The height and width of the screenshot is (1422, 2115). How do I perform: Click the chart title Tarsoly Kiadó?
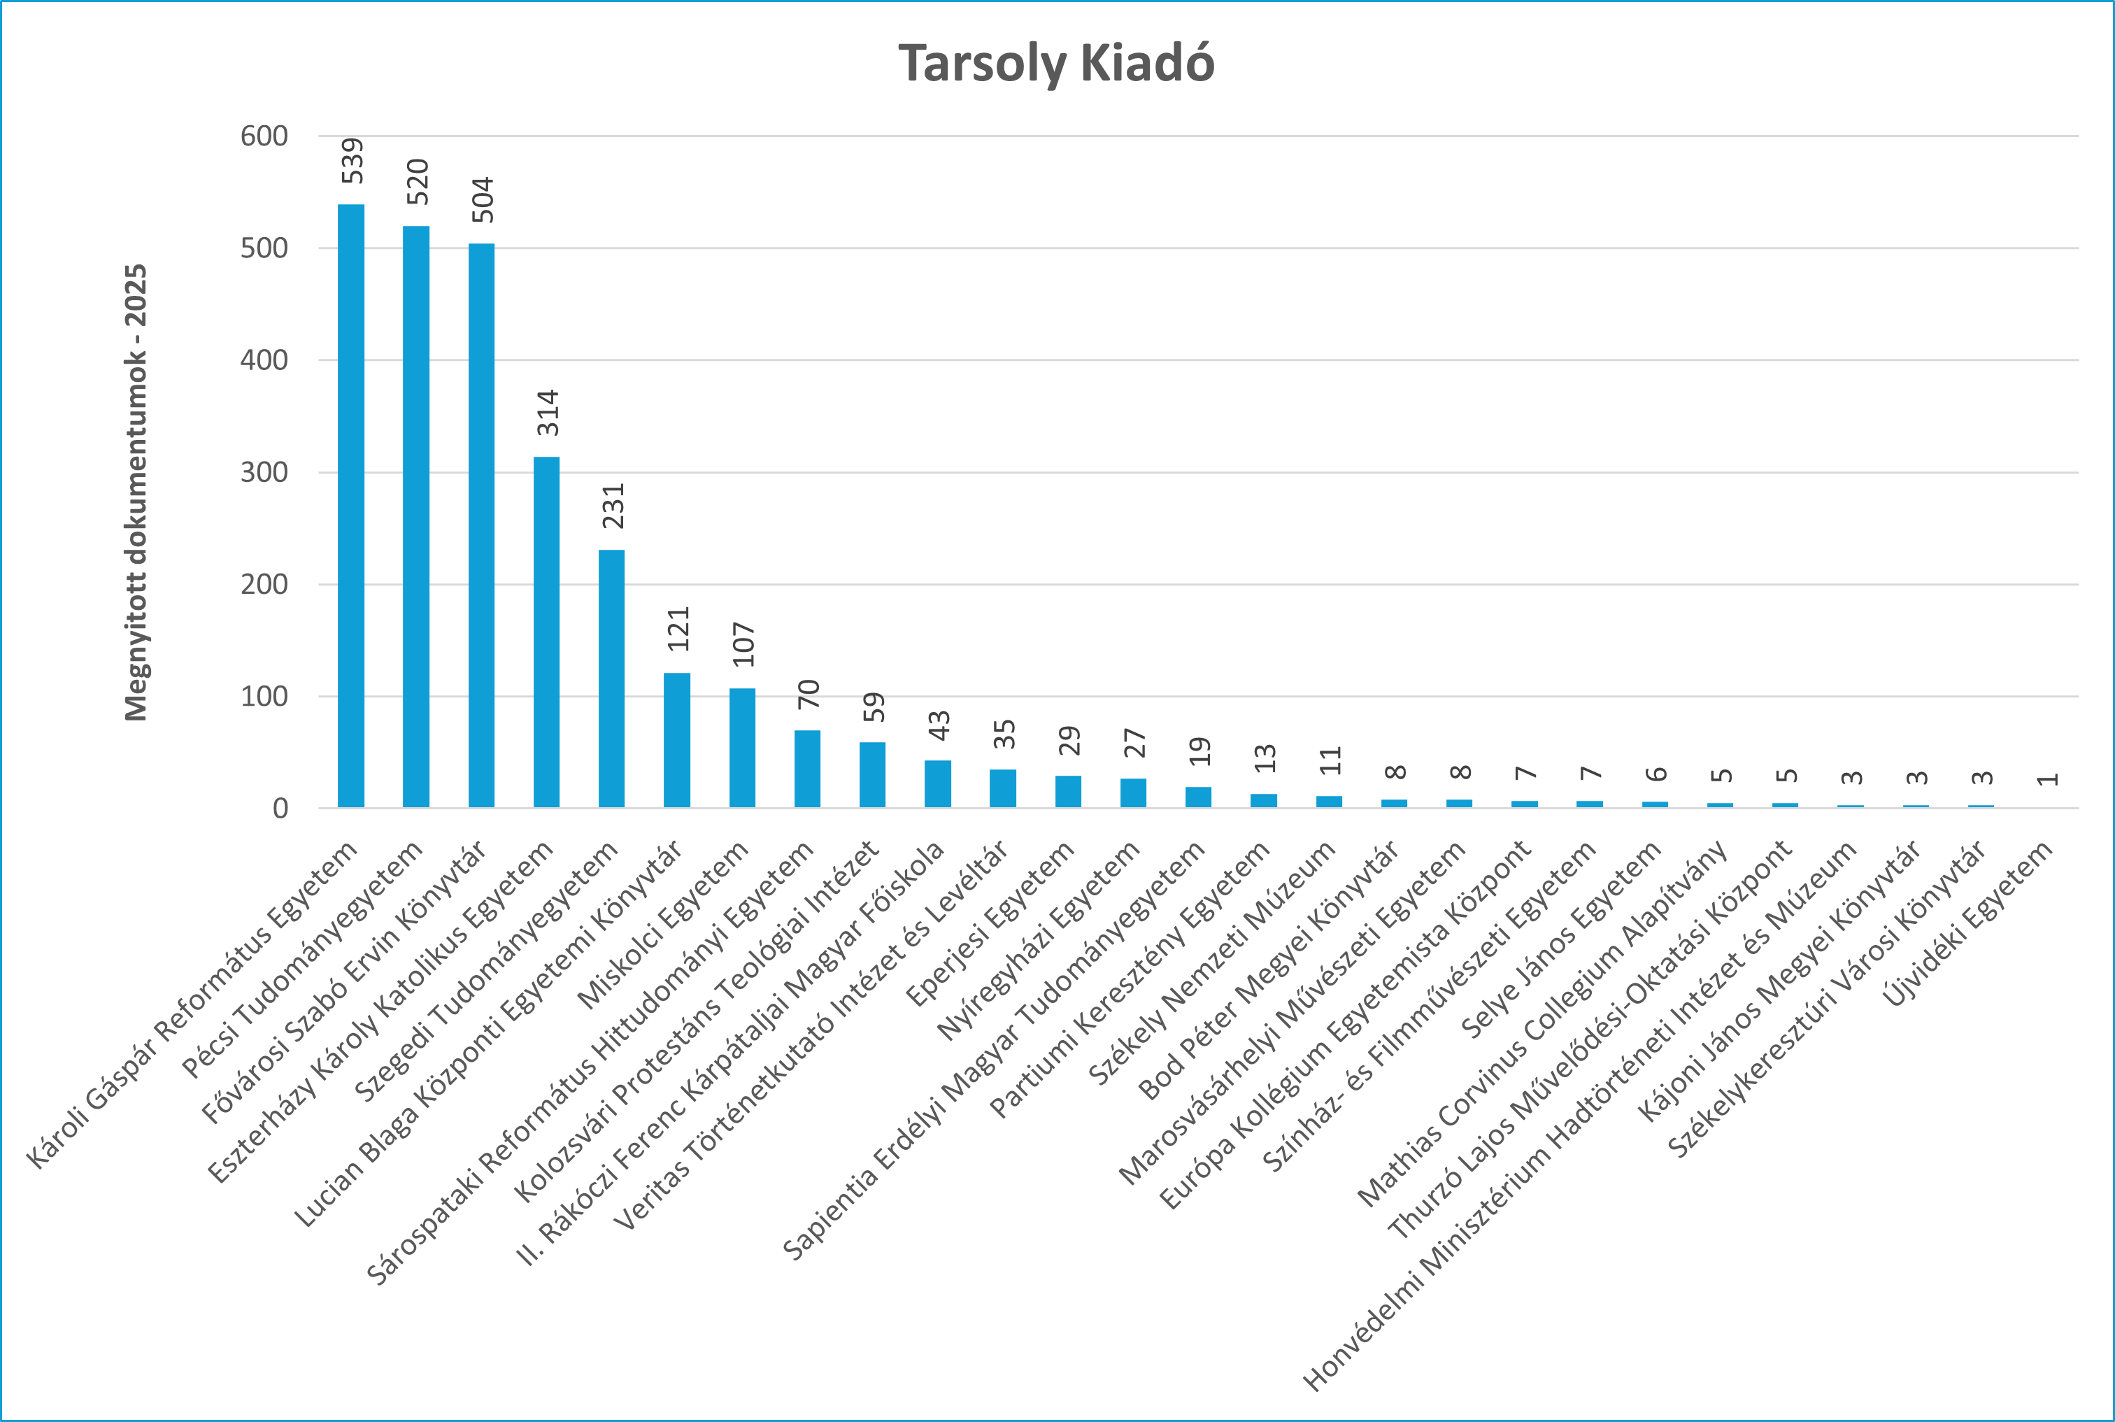point(1056,64)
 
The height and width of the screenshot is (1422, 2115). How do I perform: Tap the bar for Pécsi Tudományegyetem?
point(416,517)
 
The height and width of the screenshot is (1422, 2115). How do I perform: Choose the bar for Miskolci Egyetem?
point(743,748)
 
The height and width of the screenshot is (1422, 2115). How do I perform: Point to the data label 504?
point(483,199)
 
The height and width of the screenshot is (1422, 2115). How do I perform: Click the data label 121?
point(679,629)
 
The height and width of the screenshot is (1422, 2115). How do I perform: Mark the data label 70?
point(809,694)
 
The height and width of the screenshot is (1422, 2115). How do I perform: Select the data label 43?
point(939,725)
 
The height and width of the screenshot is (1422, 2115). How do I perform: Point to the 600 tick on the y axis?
point(264,136)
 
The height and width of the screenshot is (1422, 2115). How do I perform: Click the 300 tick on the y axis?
point(264,473)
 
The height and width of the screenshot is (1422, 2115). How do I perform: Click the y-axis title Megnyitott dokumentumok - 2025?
point(136,492)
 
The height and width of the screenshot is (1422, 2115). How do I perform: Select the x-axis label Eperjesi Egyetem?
point(990,924)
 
